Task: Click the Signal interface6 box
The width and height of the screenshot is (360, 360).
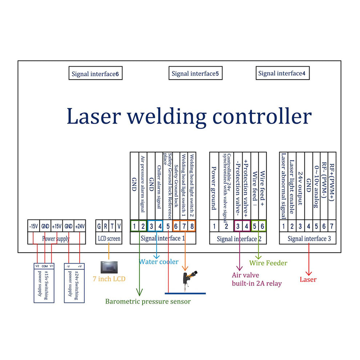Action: point(95,74)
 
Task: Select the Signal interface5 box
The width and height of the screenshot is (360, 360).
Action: point(195,73)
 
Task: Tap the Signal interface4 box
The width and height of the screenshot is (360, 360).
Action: point(282,73)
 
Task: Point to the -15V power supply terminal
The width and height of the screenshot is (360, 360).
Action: point(33,226)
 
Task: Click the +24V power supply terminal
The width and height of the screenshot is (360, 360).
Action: point(80,226)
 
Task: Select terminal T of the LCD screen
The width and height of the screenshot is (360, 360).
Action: point(112,226)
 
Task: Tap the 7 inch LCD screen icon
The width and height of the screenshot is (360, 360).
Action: point(108,267)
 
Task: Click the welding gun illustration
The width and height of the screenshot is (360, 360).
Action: point(189,279)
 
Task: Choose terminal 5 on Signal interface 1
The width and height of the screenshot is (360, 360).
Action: point(168,226)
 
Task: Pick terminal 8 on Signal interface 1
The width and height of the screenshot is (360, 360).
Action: point(192,226)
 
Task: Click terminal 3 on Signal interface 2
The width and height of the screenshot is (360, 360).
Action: point(238,226)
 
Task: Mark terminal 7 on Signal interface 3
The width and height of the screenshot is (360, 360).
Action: point(332,226)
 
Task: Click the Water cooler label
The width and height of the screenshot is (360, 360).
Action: point(159,261)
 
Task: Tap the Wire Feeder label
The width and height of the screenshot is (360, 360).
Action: point(268,263)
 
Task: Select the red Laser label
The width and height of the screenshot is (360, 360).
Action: point(308,280)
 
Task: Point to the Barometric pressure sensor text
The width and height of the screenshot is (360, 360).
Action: point(148,301)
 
